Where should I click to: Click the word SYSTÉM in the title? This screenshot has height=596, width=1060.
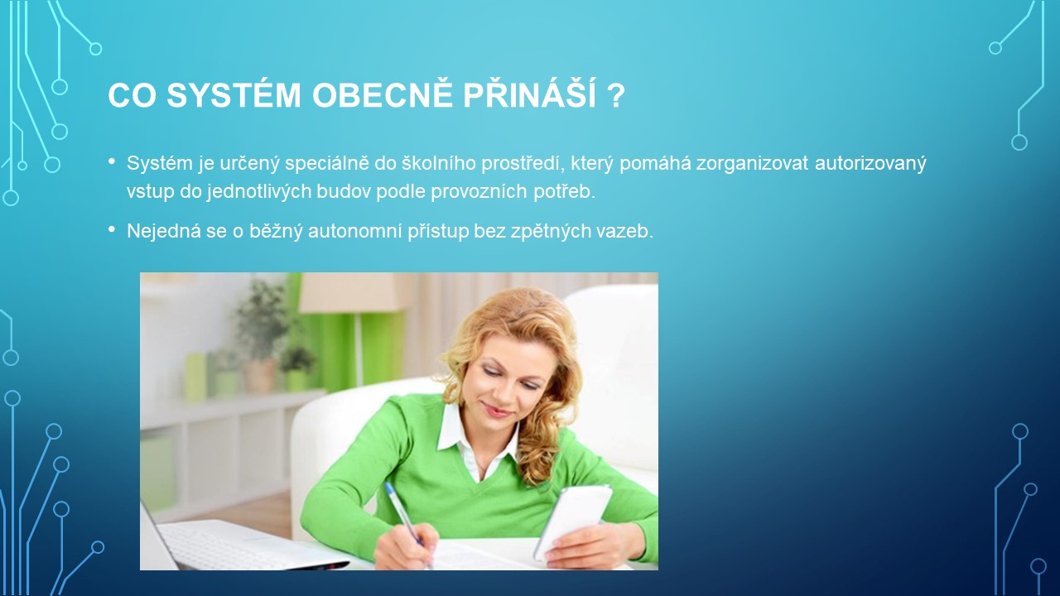234,95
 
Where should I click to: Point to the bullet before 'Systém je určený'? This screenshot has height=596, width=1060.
112,161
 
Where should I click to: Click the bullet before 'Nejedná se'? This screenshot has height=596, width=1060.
112,229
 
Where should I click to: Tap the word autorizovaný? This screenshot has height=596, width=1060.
870,164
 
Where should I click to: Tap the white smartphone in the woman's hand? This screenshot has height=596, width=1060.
572,521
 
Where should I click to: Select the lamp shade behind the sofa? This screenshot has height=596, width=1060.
350,293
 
